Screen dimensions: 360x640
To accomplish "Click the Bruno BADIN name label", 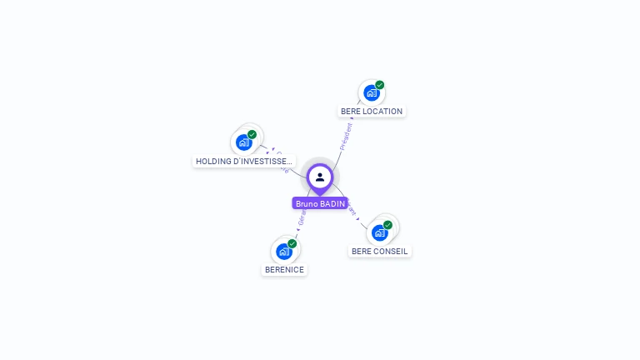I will click(x=320, y=203).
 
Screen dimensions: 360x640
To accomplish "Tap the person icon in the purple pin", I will click(x=320, y=177).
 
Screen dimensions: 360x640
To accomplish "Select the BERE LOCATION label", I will click(x=372, y=112).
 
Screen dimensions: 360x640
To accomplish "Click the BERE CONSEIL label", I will click(x=380, y=251).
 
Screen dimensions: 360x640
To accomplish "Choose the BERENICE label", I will click(x=284, y=270).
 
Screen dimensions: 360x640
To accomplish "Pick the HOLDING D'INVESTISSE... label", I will click(x=244, y=162).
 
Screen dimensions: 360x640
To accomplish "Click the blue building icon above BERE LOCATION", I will click(x=371, y=92).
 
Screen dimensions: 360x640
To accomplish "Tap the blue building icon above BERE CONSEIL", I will click(x=379, y=232).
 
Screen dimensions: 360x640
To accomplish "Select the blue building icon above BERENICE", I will click(x=283, y=251).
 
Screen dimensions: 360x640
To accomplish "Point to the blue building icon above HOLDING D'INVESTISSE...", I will click(x=243, y=142).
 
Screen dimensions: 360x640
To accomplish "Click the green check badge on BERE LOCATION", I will click(x=380, y=85).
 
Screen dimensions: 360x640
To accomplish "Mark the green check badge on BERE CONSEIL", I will click(x=388, y=225).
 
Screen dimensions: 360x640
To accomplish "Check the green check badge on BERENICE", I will click(x=292, y=243).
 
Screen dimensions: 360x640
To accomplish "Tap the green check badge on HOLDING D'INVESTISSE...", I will click(x=252, y=135).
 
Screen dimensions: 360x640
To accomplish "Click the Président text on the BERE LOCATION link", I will click(x=346, y=136).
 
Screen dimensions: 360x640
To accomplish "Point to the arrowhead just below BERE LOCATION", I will click(x=352, y=119).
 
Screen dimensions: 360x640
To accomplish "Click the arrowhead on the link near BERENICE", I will click(x=296, y=234).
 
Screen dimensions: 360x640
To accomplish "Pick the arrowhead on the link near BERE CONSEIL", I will click(x=358, y=220).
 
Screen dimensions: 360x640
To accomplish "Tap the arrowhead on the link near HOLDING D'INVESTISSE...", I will click(x=272, y=149).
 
